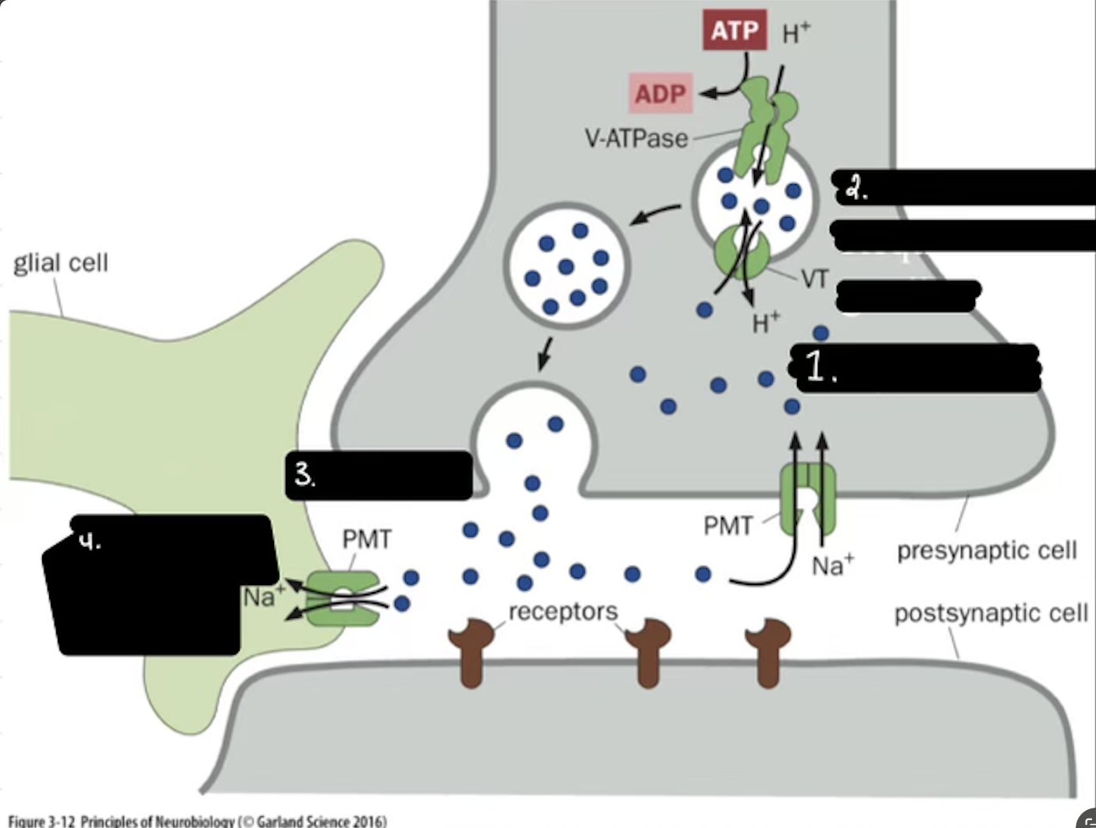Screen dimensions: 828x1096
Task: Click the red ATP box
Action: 735,30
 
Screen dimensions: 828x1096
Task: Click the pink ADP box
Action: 660,94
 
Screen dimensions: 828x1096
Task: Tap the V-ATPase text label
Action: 636,139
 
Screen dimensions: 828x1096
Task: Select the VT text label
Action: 814,279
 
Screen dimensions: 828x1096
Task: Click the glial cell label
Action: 61,262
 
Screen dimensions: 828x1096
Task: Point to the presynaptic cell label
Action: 987,551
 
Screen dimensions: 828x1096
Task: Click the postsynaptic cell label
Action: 991,613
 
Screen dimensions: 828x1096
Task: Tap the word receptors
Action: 563,611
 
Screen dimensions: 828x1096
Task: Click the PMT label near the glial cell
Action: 366,539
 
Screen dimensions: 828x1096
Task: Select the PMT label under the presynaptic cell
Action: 728,526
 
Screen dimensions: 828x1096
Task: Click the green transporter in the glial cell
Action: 342,598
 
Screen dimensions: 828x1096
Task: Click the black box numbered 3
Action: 379,475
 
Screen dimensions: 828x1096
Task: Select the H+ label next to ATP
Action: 795,32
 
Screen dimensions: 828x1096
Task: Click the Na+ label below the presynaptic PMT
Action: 832,565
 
